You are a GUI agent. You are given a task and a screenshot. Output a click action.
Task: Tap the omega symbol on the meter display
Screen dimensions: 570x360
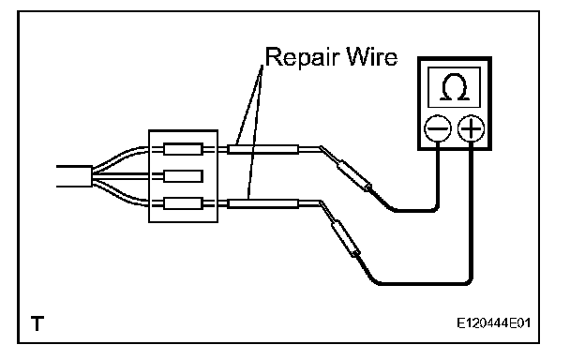455,87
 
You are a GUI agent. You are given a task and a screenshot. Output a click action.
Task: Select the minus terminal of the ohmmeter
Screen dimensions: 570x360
438,128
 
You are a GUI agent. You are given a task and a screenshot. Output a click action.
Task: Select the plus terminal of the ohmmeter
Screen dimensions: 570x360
471,128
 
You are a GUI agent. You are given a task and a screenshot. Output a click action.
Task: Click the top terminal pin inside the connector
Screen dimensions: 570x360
183,149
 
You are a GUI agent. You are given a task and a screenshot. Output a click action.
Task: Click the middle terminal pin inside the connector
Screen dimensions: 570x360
183,176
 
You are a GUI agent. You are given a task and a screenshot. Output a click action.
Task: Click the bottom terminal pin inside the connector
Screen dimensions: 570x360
183,203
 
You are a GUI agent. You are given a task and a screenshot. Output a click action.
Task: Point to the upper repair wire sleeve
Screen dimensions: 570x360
262,149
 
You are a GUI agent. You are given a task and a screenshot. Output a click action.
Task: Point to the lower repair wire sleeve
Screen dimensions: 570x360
262,203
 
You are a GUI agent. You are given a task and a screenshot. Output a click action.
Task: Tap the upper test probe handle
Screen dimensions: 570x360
354,175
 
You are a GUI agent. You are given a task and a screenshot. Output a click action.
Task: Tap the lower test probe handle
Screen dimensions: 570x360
345,238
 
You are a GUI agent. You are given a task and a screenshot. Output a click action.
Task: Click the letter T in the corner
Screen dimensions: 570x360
37,323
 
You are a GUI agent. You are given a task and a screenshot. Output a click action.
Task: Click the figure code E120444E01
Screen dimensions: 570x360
493,322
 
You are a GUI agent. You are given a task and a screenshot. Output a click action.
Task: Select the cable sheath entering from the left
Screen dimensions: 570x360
74,176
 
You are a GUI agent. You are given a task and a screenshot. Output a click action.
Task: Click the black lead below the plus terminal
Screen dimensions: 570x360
472,218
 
